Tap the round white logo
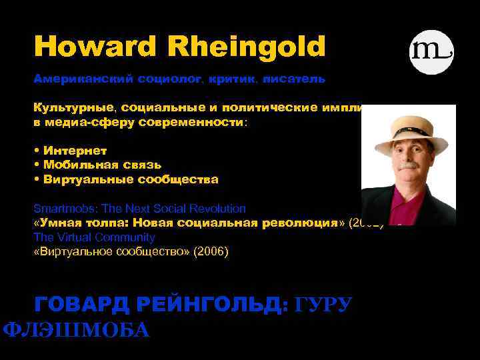[x=431, y=51]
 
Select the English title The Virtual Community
[x=94, y=237]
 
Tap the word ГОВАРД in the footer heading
[x=83, y=305]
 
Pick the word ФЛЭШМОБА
[x=76, y=330]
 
